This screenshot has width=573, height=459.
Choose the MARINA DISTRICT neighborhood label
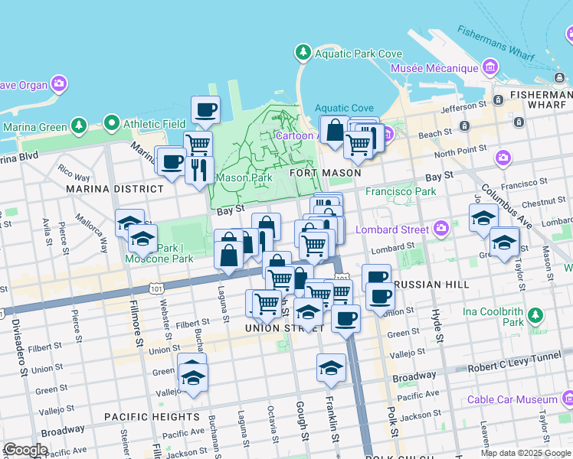(114, 188)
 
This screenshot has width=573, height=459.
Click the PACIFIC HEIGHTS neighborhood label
(152, 417)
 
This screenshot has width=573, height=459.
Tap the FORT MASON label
(325, 173)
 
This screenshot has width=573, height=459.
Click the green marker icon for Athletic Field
(112, 122)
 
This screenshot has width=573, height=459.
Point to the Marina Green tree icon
(78, 125)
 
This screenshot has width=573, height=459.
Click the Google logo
(26, 450)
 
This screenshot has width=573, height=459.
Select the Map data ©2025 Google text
(525, 453)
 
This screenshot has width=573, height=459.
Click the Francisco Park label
(401, 191)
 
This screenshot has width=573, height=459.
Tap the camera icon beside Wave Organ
(58, 83)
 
